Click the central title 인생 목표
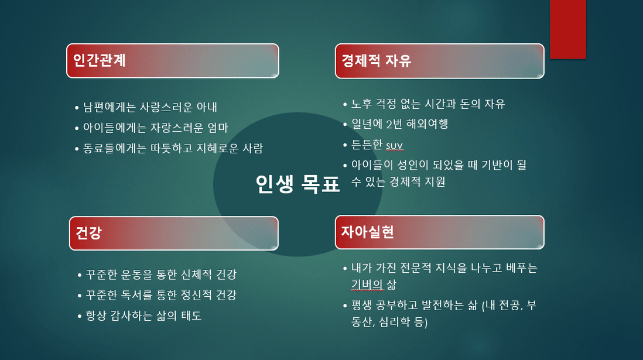click(x=297, y=184)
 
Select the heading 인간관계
click(x=99, y=60)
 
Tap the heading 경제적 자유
click(x=376, y=61)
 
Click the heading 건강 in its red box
click(x=88, y=232)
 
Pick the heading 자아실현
click(x=367, y=232)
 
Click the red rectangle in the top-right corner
click(x=568, y=29)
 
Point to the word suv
click(x=395, y=146)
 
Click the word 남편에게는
click(x=110, y=107)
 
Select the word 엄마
click(x=217, y=128)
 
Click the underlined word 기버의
click(x=367, y=284)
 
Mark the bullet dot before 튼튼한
click(x=345, y=145)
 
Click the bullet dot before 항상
click(x=80, y=316)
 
